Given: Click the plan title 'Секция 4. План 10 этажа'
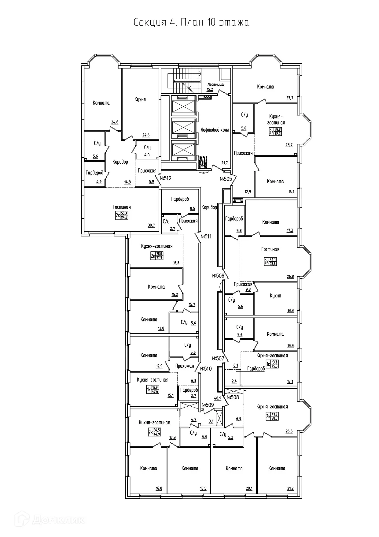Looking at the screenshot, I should tap(191, 23).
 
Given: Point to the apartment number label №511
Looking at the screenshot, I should tap(206, 236).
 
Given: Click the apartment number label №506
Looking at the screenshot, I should tap(218, 275).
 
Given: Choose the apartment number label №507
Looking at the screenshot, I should tap(219, 358).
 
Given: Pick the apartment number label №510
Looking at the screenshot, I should tap(206, 368).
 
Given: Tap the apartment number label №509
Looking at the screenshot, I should tap(208, 405).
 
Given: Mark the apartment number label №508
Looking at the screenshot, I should tap(233, 397).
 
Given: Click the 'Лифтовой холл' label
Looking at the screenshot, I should tap(215, 130).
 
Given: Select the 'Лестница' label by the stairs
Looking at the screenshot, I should tap(215, 84).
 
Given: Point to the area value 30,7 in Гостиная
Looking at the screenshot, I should tap(151, 225).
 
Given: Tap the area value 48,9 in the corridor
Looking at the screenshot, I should tap(218, 398).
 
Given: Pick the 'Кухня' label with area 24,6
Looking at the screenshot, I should tap(140, 99).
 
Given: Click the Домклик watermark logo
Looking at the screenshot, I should tap(52, 519).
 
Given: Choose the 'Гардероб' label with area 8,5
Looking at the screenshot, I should tap(180, 199).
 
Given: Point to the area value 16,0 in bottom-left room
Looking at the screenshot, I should tap(159, 488).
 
